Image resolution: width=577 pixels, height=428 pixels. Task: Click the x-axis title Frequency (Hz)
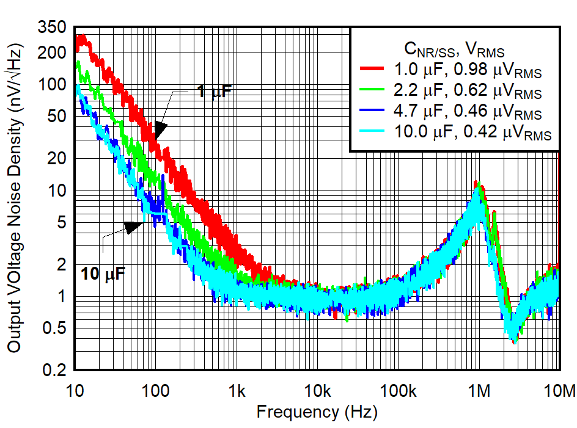click(x=317, y=412)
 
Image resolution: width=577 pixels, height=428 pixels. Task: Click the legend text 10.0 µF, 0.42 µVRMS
click(x=469, y=135)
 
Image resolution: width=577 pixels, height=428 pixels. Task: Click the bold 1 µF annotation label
click(x=214, y=92)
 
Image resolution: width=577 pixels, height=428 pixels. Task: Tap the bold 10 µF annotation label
click(x=102, y=274)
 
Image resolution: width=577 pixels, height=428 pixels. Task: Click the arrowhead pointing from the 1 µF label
click(x=160, y=129)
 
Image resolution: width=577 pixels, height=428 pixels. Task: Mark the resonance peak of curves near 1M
click(x=476, y=185)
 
